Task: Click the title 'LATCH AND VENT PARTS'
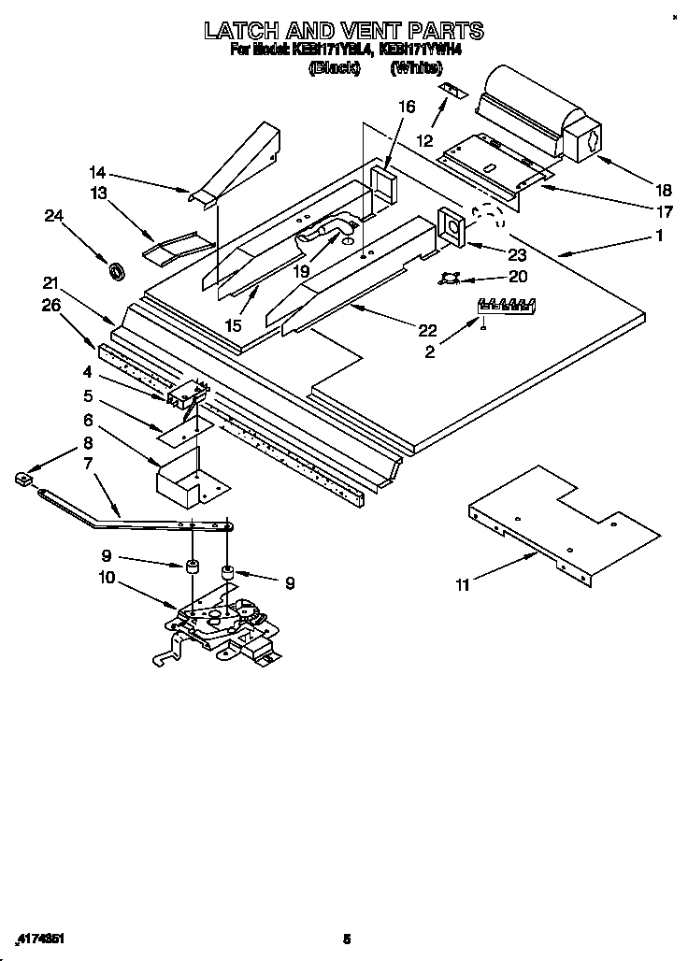pos(344,31)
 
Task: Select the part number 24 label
pos(55,216)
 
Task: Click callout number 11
pos(465,586)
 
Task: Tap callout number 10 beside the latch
pos(107,578)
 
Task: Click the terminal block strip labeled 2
pos(507,305)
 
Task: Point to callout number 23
pos(516,254)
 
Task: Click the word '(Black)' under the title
pos(334,67)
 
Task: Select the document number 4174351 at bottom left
pos(42,937)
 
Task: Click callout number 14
pos(98,172)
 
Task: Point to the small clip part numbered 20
pos(451,277)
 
